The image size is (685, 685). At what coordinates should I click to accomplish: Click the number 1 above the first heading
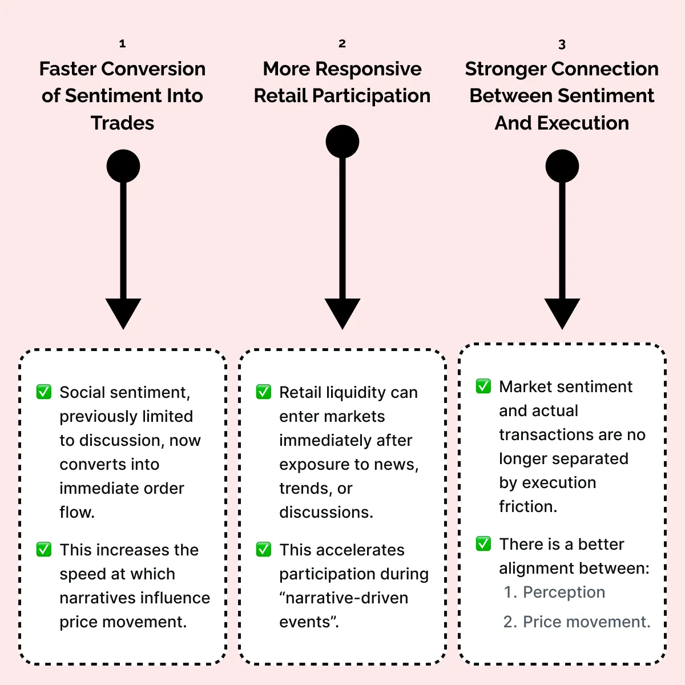(122, 43)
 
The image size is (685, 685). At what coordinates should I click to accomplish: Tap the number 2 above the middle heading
(342, 43)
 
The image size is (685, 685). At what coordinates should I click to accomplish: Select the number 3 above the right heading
(562, 45)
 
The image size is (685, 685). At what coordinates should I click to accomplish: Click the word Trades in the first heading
(122, 123)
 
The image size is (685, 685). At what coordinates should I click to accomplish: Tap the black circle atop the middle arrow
(342, 142)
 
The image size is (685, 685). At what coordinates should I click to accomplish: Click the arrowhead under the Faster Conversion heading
(123, 312)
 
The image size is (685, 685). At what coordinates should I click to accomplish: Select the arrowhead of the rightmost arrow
(562, 312)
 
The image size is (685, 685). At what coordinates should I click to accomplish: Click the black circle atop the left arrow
(123, 166)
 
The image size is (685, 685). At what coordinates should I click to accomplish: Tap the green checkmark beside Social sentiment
(44, 392)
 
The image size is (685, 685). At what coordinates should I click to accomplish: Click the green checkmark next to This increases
(44, 549)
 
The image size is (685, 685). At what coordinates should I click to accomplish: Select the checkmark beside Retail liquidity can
(264, 392)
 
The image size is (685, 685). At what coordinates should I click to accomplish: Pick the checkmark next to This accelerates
(264, 549)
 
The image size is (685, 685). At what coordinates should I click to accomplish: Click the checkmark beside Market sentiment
(483, 386)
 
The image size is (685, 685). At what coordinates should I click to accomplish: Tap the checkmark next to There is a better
(483, 543)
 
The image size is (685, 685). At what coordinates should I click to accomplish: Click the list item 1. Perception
(554, 592)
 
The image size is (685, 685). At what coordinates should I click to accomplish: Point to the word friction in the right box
(527, 506)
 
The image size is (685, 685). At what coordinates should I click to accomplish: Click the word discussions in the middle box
(325, 512)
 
